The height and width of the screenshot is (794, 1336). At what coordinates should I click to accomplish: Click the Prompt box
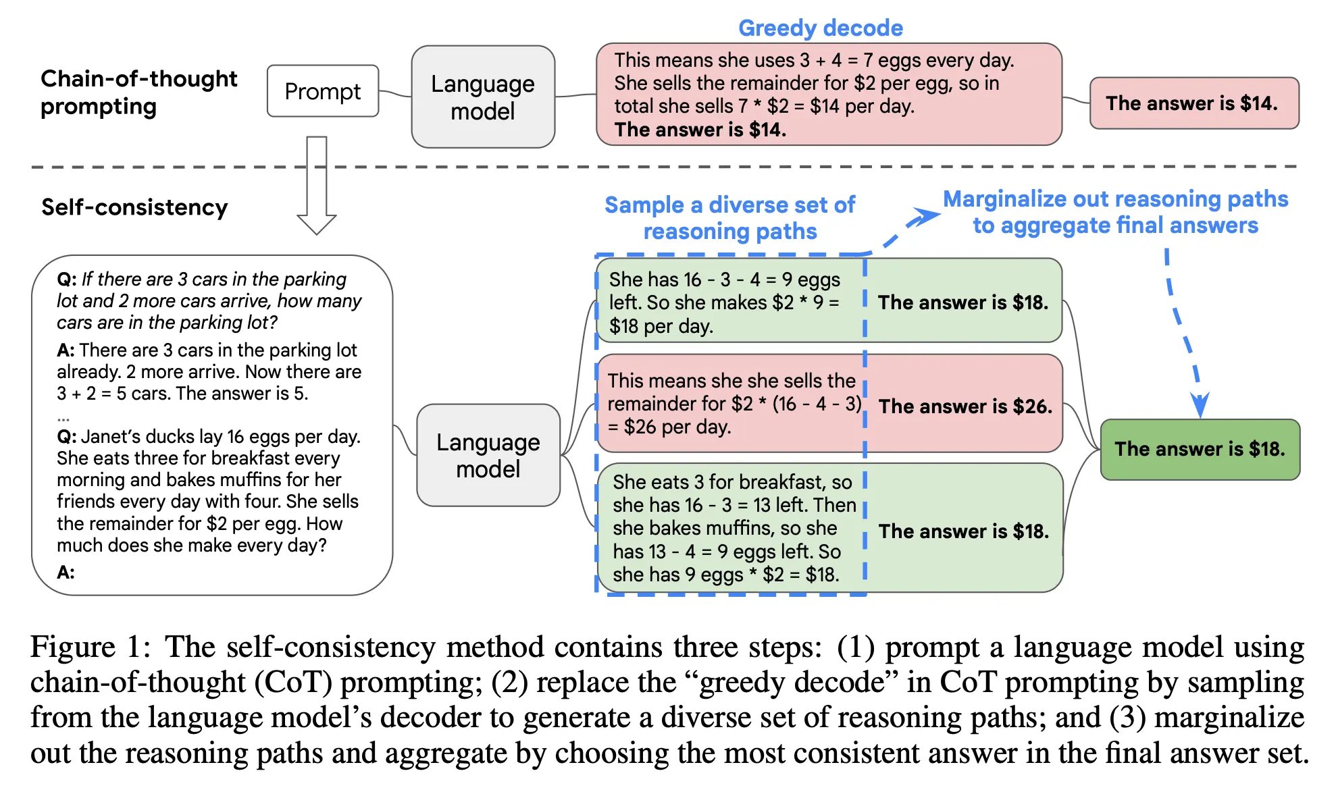[323, 91]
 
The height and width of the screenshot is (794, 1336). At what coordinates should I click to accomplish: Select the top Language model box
[483, 97]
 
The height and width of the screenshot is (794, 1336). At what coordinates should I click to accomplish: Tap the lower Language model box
[488, 455]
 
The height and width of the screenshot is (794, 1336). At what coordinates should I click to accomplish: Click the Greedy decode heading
[820, 28]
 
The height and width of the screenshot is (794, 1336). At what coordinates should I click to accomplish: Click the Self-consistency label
[134, 207]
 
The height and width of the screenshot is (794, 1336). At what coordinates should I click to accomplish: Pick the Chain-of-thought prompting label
[138, 92]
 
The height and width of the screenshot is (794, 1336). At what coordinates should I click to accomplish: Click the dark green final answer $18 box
[1200, 449]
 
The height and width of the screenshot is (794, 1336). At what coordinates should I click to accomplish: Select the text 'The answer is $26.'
[965, 406]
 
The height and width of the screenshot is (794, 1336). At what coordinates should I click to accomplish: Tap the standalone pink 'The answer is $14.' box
[1193, 103]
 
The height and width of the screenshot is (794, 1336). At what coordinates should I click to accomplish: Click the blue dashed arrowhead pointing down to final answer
[1200, 404]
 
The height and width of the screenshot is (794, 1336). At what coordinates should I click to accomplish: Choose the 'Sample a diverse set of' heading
[729, 205]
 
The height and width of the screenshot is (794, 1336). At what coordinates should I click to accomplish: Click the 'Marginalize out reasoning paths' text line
[1115, 199]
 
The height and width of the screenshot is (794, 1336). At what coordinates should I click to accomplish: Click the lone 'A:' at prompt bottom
[66, 573]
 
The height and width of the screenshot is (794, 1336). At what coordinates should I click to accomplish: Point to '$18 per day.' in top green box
[661, 327]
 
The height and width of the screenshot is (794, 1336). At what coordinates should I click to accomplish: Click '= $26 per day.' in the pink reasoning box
[669, 427]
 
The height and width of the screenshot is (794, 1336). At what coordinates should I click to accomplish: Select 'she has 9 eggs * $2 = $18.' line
[725, 575]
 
